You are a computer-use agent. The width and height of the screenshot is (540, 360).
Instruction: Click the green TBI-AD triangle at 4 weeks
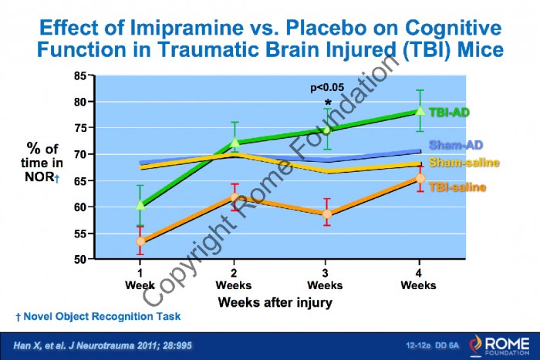tap(420, 110)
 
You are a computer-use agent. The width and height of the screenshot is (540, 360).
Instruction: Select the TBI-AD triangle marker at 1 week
tap(140, 205)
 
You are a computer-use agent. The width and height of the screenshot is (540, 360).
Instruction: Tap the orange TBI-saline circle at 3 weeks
tap(327, 214)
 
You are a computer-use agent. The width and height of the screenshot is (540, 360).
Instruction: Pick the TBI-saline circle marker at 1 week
tap(140, 241)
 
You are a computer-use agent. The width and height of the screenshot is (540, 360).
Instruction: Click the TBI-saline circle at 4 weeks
tap(420, 178)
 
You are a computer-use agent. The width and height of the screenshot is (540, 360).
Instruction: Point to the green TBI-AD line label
tap(449, 113)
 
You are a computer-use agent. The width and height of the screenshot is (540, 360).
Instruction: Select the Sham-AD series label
tap(456, 145)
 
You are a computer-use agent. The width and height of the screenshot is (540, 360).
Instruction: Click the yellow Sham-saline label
tap(464, 163)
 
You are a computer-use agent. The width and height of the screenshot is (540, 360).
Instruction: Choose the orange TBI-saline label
tap(457, 187)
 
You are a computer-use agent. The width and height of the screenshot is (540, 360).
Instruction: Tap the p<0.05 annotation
tap(327, 88)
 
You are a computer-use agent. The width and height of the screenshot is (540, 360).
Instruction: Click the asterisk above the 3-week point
tap(328, 103)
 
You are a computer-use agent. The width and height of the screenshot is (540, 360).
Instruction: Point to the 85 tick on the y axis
tap(80, 76)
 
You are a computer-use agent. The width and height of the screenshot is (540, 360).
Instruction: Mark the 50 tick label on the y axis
tap(80, 259)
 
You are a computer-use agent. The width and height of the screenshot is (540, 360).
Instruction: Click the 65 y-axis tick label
tap(80, 180)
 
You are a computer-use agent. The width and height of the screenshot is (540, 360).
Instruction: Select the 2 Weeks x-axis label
tap(234, 279)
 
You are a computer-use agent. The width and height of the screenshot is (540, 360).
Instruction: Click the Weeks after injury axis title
tap(275, 302)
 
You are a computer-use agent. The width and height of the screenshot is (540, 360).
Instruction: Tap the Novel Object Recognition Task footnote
tap(98, 316)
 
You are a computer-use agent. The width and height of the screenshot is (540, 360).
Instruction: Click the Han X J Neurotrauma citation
tap(103, 345)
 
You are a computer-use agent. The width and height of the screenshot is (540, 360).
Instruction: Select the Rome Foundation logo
tap(499, 345)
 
